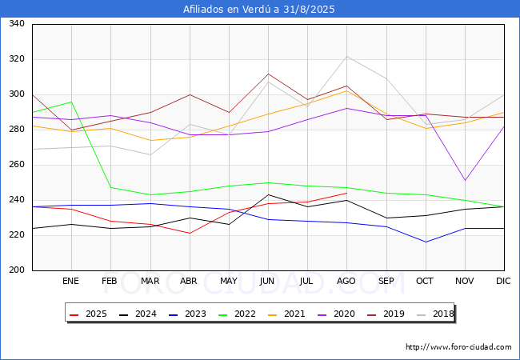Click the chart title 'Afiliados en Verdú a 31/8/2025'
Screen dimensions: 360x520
point(259,10)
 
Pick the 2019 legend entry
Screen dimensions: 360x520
point(387,314)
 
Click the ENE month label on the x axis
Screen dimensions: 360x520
point(71,281)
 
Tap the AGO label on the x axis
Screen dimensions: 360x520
point(346,281)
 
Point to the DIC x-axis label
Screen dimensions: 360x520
point(503,281)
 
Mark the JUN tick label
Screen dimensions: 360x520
point(268,281)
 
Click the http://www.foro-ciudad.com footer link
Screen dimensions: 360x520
point(458,347)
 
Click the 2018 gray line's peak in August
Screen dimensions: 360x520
point(346,56)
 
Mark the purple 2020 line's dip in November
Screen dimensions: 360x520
point(465,181)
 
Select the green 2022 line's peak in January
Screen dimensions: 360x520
point(71,102)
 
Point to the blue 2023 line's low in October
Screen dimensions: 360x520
point(426,242)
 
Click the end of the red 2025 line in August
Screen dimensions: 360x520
point(346,193)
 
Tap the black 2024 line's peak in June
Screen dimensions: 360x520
point(268,194)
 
